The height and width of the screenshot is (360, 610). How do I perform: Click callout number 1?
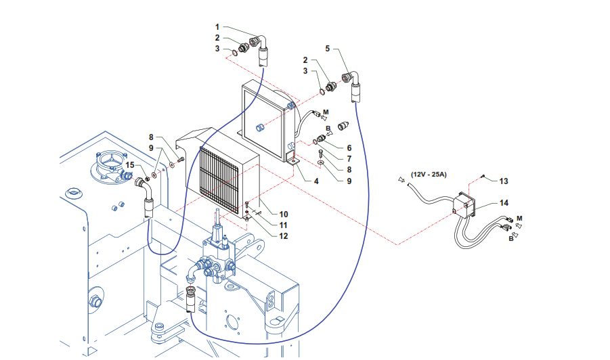217,27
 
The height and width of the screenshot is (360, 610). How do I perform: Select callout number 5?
328,49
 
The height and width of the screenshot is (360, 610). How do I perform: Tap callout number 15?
130,165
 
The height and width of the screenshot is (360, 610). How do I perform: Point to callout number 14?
504,203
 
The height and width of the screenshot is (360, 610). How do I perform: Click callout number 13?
504,181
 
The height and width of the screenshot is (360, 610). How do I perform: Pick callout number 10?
284,215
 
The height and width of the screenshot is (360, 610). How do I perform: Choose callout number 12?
284,236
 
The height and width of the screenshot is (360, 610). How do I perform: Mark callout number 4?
316,181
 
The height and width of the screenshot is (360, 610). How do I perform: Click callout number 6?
349,148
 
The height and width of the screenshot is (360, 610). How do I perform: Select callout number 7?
349,159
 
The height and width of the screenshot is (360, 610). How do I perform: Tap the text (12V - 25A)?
429,175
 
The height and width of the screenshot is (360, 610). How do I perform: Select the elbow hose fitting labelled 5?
352,85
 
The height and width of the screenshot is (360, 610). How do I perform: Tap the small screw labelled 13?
483,177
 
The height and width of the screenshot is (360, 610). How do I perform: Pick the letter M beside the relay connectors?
519,219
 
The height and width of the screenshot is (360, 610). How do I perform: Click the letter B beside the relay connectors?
511,239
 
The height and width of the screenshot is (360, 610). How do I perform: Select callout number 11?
284,225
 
